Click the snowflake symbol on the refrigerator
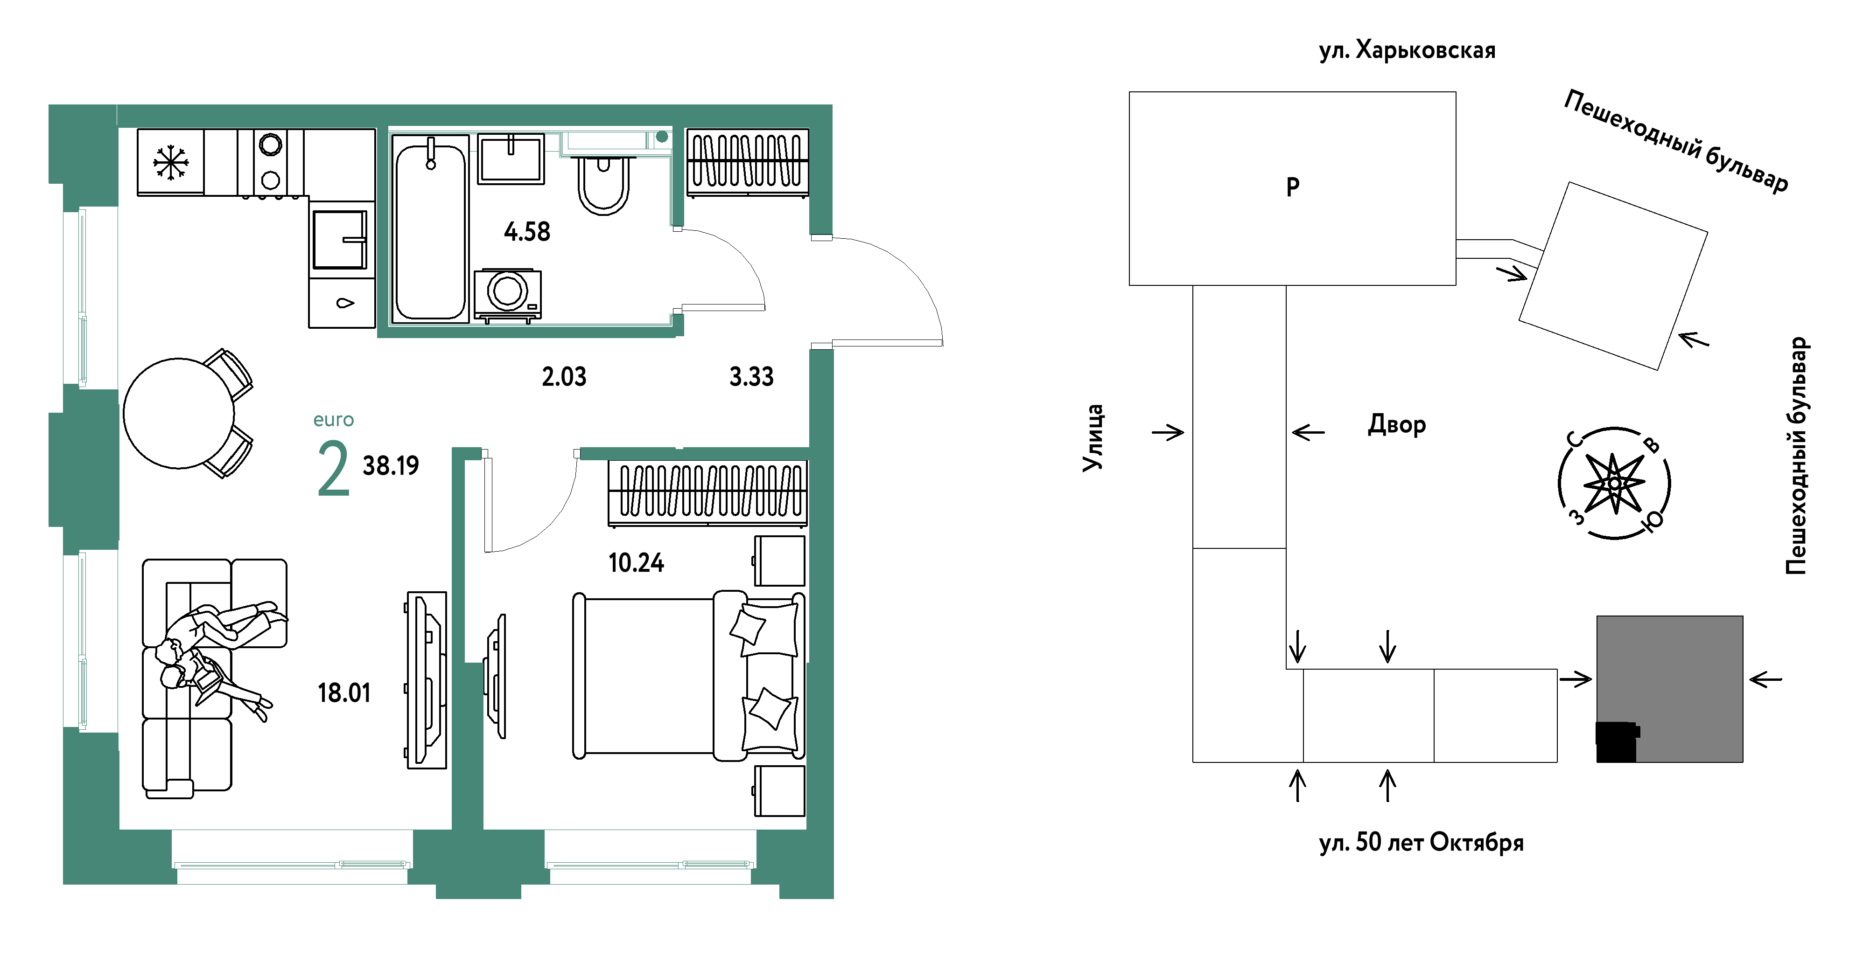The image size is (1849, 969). tap(171, 162)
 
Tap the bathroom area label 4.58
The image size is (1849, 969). tap(527, 232)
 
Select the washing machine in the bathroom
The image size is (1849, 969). tap(507, 295)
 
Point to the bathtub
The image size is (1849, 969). tap(430, 228)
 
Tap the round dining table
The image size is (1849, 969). tap(179, 413)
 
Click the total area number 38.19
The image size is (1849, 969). tap(391, 465)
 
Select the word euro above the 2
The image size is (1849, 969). tap(334, 420)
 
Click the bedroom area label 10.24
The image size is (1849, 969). tap(636, 563)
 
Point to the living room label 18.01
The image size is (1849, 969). tap(344, 693)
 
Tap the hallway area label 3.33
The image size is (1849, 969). tap(751, 377)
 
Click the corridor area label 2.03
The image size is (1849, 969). tap(564, 377)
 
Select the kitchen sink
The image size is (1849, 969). tap(340, 240)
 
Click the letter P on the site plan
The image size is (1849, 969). tap(1293, 187)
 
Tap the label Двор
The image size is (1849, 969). tap(1397, 425)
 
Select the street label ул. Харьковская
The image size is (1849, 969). tap(1407, 50)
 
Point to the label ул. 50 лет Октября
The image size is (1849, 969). tap(1421, 842)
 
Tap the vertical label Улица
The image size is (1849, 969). tap(1093, 437)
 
